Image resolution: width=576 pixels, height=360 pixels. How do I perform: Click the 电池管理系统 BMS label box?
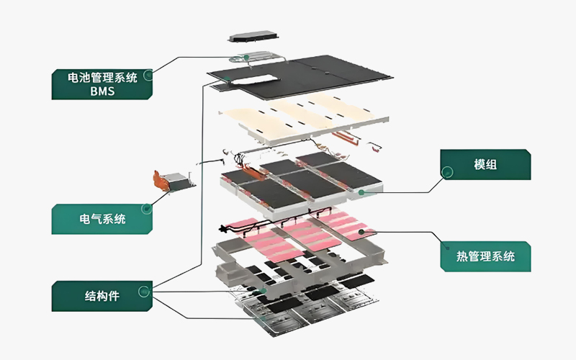[102, 83]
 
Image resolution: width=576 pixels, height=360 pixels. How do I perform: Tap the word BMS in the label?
[103, 91]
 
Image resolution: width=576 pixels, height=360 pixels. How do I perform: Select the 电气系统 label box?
[102, 219]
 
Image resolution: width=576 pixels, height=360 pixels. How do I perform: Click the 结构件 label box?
[102, 296]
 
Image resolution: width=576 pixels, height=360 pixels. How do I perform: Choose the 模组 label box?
[486, 165]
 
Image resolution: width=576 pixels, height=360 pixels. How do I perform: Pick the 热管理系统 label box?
[486, 256]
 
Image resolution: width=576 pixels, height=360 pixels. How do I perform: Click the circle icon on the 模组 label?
[448, 172]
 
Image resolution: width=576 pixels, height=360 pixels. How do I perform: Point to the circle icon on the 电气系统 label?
[147, 210]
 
